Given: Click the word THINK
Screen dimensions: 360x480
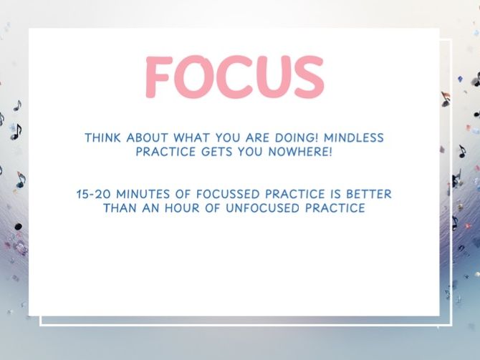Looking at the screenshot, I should coord(102,137).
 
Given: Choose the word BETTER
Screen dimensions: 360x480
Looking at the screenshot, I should coord(367,194).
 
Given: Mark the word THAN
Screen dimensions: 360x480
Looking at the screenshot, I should coord(120,208).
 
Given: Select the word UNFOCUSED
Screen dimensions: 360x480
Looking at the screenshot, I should coord(264,208).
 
